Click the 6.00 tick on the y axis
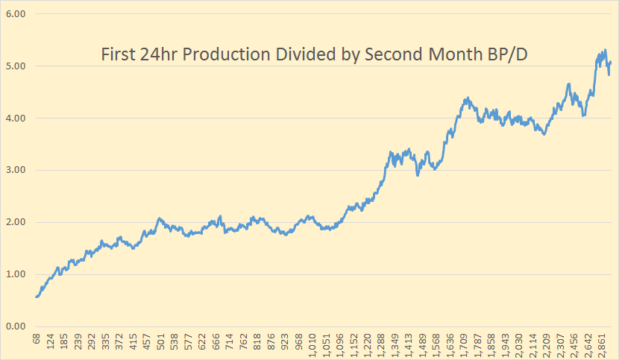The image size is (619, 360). [x=16, y=14]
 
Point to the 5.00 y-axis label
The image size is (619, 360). [x=16, y=66]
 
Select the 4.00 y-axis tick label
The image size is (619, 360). [x=16, y=119]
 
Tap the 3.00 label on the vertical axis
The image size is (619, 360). [x=16, y=170]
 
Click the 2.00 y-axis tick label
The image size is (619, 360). [x=16, y=222]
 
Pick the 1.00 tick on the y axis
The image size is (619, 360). [x=16, y=274]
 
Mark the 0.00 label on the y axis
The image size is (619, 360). [x=16, y=326]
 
